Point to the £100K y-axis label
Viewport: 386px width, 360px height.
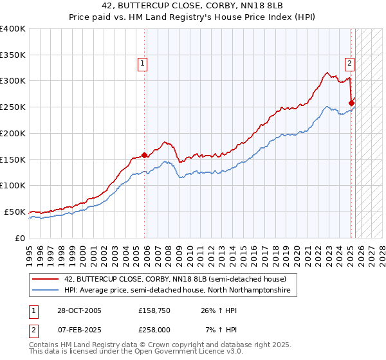pos(13,185)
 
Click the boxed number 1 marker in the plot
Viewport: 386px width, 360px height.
pos(142,63)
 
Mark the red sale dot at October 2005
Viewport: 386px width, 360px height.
pos(144,154)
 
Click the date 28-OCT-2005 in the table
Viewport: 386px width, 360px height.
pos(78,310)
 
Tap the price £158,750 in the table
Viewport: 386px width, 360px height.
pos(153,310)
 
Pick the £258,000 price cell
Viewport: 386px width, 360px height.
pos(153,330)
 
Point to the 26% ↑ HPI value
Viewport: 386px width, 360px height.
pos(219,310)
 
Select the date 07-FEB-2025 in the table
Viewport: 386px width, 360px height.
pos(78,330)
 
